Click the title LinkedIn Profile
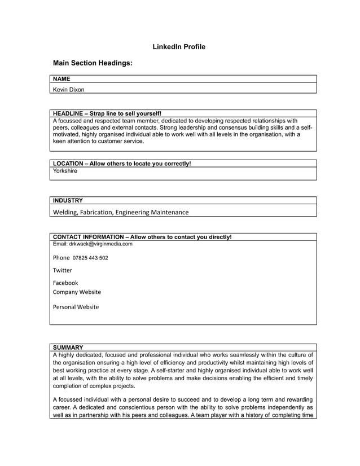(179, 46)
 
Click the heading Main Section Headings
(93, 64)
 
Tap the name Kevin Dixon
(69, 89)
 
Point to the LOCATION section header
(121, 164)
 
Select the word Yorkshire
(65, 171)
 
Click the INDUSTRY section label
(68, 200)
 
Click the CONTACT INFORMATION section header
(142, 237)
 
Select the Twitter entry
(63, 270)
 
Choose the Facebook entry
(65, 283)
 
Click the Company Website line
(77, 292)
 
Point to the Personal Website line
(76, 307)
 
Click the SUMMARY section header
(68, 347)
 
